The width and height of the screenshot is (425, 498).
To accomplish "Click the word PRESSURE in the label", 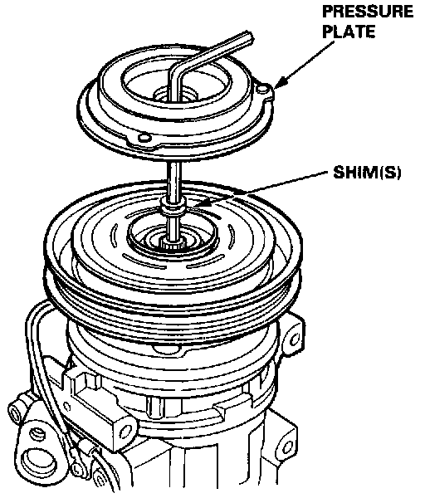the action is point(368,12).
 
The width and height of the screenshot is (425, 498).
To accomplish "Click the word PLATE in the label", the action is point(349,32).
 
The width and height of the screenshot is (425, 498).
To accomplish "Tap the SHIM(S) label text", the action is point(367,173).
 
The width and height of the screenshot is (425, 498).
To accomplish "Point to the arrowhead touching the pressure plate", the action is point(280,82).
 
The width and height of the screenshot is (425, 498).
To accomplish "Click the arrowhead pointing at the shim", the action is point(198,203).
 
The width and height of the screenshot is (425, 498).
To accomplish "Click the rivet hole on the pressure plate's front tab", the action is point(144,138).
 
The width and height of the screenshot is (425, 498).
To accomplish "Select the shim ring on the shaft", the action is point(173,205).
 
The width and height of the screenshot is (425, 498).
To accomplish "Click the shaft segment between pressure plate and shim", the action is point(173,179).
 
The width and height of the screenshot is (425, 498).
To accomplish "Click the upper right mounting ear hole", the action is point(295,339).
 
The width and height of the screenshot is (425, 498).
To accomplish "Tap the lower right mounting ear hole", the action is point(287,447).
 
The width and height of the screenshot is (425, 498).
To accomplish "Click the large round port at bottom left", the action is point(39,460).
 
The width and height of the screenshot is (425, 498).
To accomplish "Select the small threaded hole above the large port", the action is point(38,433).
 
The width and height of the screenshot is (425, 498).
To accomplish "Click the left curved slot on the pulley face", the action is point(114,236).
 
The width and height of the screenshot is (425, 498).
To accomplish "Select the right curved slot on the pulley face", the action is point(232,236).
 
